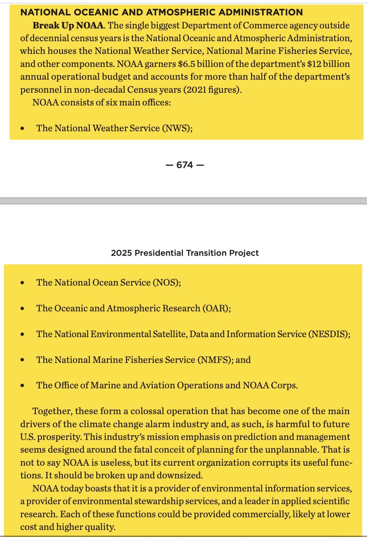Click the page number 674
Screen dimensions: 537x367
tap(185, 165)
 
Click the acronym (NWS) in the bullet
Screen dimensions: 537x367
tap(177, 128)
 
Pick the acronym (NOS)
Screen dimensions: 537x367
tap(167, 283)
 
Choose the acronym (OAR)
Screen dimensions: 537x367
tap(216, 308)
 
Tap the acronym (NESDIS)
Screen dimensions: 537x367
tap(329, 334)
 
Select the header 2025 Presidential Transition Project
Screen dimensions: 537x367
tap(185, 253)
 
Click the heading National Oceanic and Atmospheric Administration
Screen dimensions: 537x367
tap(161, 12)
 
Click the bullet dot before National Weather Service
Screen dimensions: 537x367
tap(22, 129)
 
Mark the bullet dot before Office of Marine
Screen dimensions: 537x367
tap(22, 386)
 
